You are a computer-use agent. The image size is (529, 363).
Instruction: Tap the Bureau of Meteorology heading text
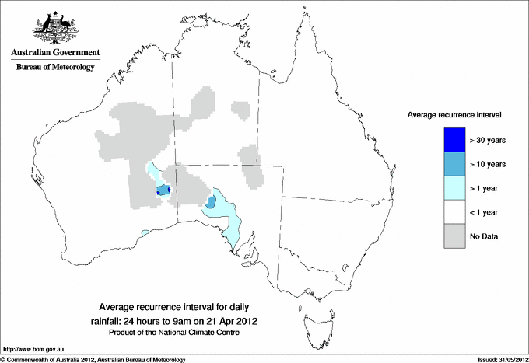[x=55, y=68]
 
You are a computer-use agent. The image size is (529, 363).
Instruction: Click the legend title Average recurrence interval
[x=454, y=114]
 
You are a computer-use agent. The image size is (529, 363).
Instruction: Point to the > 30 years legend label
[x=488, y=141]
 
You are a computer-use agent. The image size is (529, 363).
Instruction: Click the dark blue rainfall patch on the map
[x=163, y=190]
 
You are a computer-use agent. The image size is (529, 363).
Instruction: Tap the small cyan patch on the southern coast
[x=145, y=232]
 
